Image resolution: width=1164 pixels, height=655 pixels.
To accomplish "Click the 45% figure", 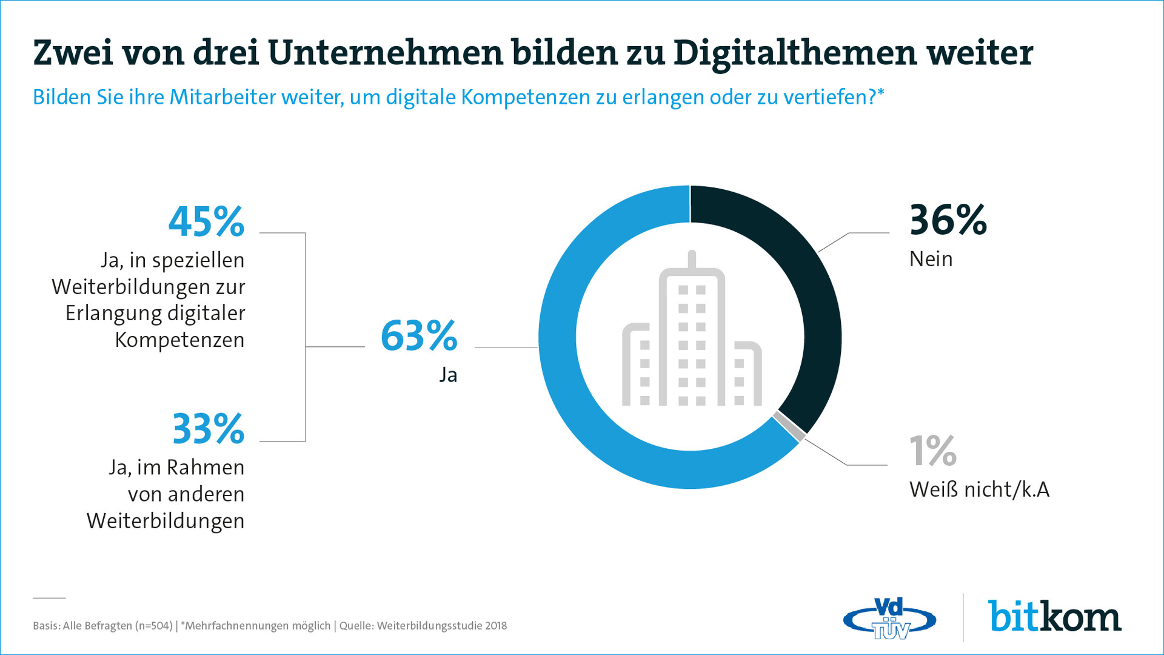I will click(206, 222).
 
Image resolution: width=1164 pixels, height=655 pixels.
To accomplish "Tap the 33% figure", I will click(208, 429).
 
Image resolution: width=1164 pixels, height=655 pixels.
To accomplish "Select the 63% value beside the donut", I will click(419, 336).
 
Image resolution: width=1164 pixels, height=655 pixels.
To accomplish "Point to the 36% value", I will click(948, 220).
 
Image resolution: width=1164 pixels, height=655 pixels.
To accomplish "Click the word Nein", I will click(931, 260).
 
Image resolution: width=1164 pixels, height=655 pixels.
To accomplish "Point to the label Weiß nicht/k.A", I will click(979, 490).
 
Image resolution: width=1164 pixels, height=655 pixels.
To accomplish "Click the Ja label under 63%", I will click(448, 375).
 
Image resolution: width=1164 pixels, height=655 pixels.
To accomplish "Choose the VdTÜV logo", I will click(889, 619).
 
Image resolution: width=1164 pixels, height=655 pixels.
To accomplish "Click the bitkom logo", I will click(1055, 617).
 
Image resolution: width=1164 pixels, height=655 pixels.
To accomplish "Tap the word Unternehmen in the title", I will click(386, 53).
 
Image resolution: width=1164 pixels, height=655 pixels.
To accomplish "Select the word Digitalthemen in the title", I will click(795, 53).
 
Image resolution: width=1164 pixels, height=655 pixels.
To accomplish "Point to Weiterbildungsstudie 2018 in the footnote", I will click(441, 626).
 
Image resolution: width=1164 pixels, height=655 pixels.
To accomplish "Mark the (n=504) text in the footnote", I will click(153, 626).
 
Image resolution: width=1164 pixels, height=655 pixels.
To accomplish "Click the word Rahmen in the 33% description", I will click(206, 468).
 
